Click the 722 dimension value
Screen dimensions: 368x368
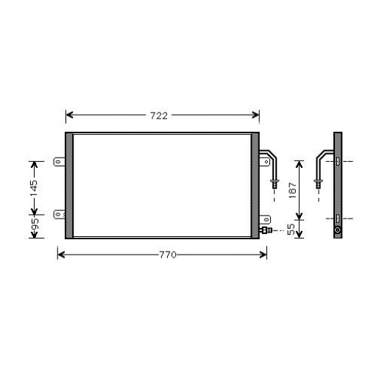(159, 116)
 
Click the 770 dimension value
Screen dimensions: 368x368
(168, 255)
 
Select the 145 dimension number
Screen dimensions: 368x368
(34, 188)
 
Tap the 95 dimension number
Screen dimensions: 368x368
(35, 224)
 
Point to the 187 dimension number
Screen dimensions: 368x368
(293, 190)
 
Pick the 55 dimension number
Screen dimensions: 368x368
(291, 230)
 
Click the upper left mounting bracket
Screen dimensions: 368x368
(59, 162)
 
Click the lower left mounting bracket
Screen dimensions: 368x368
(59, 214)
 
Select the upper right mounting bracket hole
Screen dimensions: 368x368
(267, 162)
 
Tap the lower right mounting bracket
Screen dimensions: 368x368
(265, 219)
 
